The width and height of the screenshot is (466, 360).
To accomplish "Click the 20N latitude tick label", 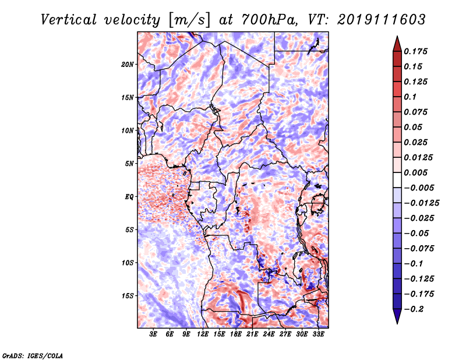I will point(128,64).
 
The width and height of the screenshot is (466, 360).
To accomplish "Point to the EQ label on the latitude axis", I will point(129,196).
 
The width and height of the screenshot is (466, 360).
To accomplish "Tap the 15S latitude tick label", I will point(128,295).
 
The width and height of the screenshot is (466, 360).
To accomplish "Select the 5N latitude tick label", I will point(129,163).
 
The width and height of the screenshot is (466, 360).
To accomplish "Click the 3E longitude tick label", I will point(154,334).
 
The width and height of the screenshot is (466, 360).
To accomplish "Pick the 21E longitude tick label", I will point(252,334).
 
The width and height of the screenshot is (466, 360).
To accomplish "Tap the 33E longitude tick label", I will point(318,334).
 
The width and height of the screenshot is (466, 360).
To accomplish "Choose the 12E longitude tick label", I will point(203,334).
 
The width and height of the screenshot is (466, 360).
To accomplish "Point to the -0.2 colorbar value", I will point(417,308).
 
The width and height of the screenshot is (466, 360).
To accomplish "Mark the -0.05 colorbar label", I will point(419,233).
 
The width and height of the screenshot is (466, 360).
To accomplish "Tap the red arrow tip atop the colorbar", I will point(397,40).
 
